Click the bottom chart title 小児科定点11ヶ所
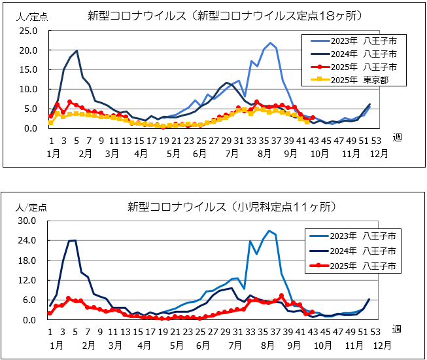pyautogui.click(x=232, y=207)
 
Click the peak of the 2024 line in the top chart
pyautogui.click(x=77, y=50)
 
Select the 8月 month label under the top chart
pyautogui.click(x=265, y=154)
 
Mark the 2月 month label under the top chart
pyautogui.click(x=85, y=154)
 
